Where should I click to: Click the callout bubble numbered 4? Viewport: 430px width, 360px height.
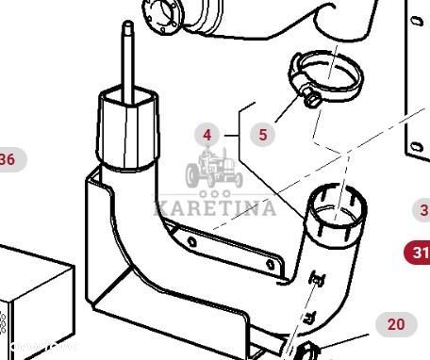[x=207, y=135]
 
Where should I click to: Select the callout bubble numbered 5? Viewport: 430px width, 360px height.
[x=262, y=135]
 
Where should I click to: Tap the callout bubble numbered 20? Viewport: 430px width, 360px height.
[x=395, y=324]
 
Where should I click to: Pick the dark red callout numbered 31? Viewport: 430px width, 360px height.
[x=419, y=253]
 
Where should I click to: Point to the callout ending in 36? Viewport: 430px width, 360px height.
[x=8, y=159]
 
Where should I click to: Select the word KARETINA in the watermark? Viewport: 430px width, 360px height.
[x=215, y=207]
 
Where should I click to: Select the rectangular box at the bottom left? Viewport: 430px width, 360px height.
[x=33, y=302]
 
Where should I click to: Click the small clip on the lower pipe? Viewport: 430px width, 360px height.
[x=316, y=278]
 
